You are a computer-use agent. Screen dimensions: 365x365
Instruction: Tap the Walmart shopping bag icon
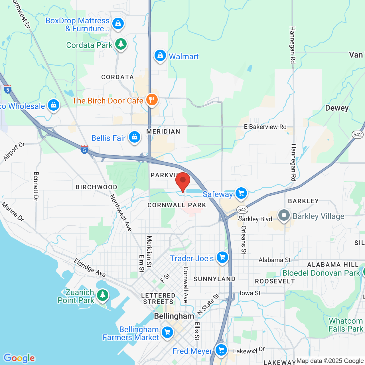click(160, 55)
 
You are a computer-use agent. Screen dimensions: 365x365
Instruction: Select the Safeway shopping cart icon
click(241, 193)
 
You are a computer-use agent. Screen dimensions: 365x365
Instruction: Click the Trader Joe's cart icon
click(222, 257)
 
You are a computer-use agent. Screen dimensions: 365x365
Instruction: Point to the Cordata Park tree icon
click(121, 44)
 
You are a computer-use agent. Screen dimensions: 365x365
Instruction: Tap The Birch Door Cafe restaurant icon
click(152, 100)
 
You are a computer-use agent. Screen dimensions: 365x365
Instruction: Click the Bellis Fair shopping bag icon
click(135, 137)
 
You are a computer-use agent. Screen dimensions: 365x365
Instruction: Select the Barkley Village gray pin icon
click(284, 215)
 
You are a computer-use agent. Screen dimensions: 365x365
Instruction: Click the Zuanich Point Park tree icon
click(103, 295)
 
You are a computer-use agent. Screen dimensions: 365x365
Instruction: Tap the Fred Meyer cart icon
click(221, 350)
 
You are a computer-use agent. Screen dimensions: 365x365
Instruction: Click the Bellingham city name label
click(174, 316)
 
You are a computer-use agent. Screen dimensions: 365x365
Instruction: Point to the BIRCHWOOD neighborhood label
click(96, 187)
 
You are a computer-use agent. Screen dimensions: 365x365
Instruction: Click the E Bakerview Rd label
click(265, 127)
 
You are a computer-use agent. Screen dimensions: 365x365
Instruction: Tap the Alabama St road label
click(274, 260)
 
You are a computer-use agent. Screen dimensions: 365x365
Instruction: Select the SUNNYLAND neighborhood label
click(214, 279)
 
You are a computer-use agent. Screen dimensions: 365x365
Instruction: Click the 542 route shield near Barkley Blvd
click(242, 210)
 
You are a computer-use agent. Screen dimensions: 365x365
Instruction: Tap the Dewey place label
click(337, 108)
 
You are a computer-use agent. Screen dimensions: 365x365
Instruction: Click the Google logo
click(19, 358)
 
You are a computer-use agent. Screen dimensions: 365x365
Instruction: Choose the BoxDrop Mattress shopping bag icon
click(118, 23)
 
